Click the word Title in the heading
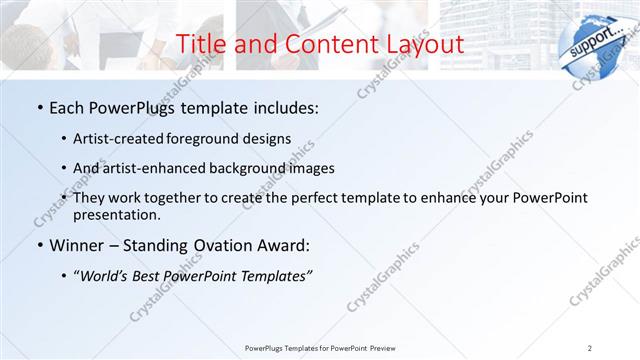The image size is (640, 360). tap(201, 44)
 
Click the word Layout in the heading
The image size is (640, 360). tap(422, 44)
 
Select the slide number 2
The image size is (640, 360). tap(590, 347)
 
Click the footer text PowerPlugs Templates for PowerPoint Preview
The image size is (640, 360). tap(319, 347)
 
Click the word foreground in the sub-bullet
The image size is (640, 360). tap(217, 138)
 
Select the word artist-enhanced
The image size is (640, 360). tap(162, 168)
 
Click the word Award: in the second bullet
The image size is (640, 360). tap(283, 245)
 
